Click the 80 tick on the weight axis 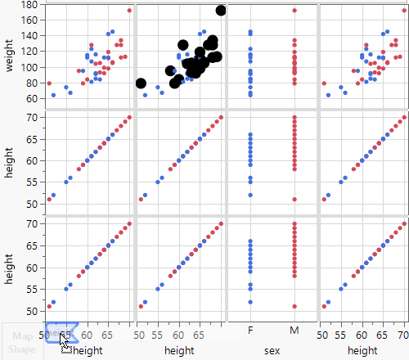31,83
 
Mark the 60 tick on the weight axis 31,98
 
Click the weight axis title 9,53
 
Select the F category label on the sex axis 250,331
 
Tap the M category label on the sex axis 294,331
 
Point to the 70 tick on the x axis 402,335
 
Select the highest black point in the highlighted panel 221,10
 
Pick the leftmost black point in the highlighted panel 141,83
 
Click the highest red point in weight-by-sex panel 294,10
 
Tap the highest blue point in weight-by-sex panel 250,32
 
